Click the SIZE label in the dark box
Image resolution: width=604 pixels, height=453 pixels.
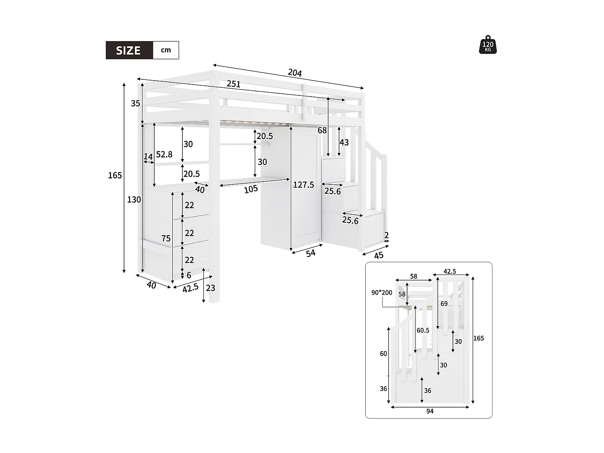pyautogui.click(x=128, y=50)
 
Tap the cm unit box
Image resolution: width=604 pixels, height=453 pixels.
pyautogui.click(x=166, y=50)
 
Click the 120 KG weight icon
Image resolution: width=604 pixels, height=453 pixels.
pyautogui.click(x=488, y=45)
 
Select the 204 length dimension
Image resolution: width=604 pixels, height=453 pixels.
pyautogui.click(x=295, y=73)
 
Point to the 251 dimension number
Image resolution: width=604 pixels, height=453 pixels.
pyautogui.click(x=234, y=84)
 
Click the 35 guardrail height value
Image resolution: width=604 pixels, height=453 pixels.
pyautogui.click(x=135, y=103)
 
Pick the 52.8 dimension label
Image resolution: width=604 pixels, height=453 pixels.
pyautogui.click(x=164, y=154)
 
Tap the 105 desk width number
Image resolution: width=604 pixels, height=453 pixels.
pyautogui.click(x=251, y=189)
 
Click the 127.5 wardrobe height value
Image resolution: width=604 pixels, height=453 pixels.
pyautogui.click(x=304, y=185)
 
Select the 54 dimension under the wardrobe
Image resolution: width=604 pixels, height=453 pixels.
pyautogui.click(x=310, y=253)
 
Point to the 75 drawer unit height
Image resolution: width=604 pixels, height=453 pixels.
pyautogui.click(x=166, y=238)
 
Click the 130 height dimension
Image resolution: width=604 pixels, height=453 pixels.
pyautogui.click(x=134, y=199)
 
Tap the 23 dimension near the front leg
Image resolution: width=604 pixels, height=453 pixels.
pyautogui.click(x=211, y=288)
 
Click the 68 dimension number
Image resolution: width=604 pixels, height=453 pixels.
pyautogui.click(x=322, y=130)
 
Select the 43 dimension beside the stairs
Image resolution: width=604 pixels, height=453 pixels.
pyautogui.click(x=344, y=143)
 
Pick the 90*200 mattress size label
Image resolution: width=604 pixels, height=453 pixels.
pyautogui.click(x=382, y=293)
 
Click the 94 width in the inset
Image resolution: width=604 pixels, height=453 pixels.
pyautogui.click(x=430, y=411)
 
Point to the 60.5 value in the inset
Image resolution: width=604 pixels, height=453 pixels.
pyautogui.click(x=423, y=330)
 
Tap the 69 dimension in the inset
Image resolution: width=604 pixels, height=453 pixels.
pyautogui.click(x=444, y=304)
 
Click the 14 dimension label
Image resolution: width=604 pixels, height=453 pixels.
pyautogui.click(x=148, y=157)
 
